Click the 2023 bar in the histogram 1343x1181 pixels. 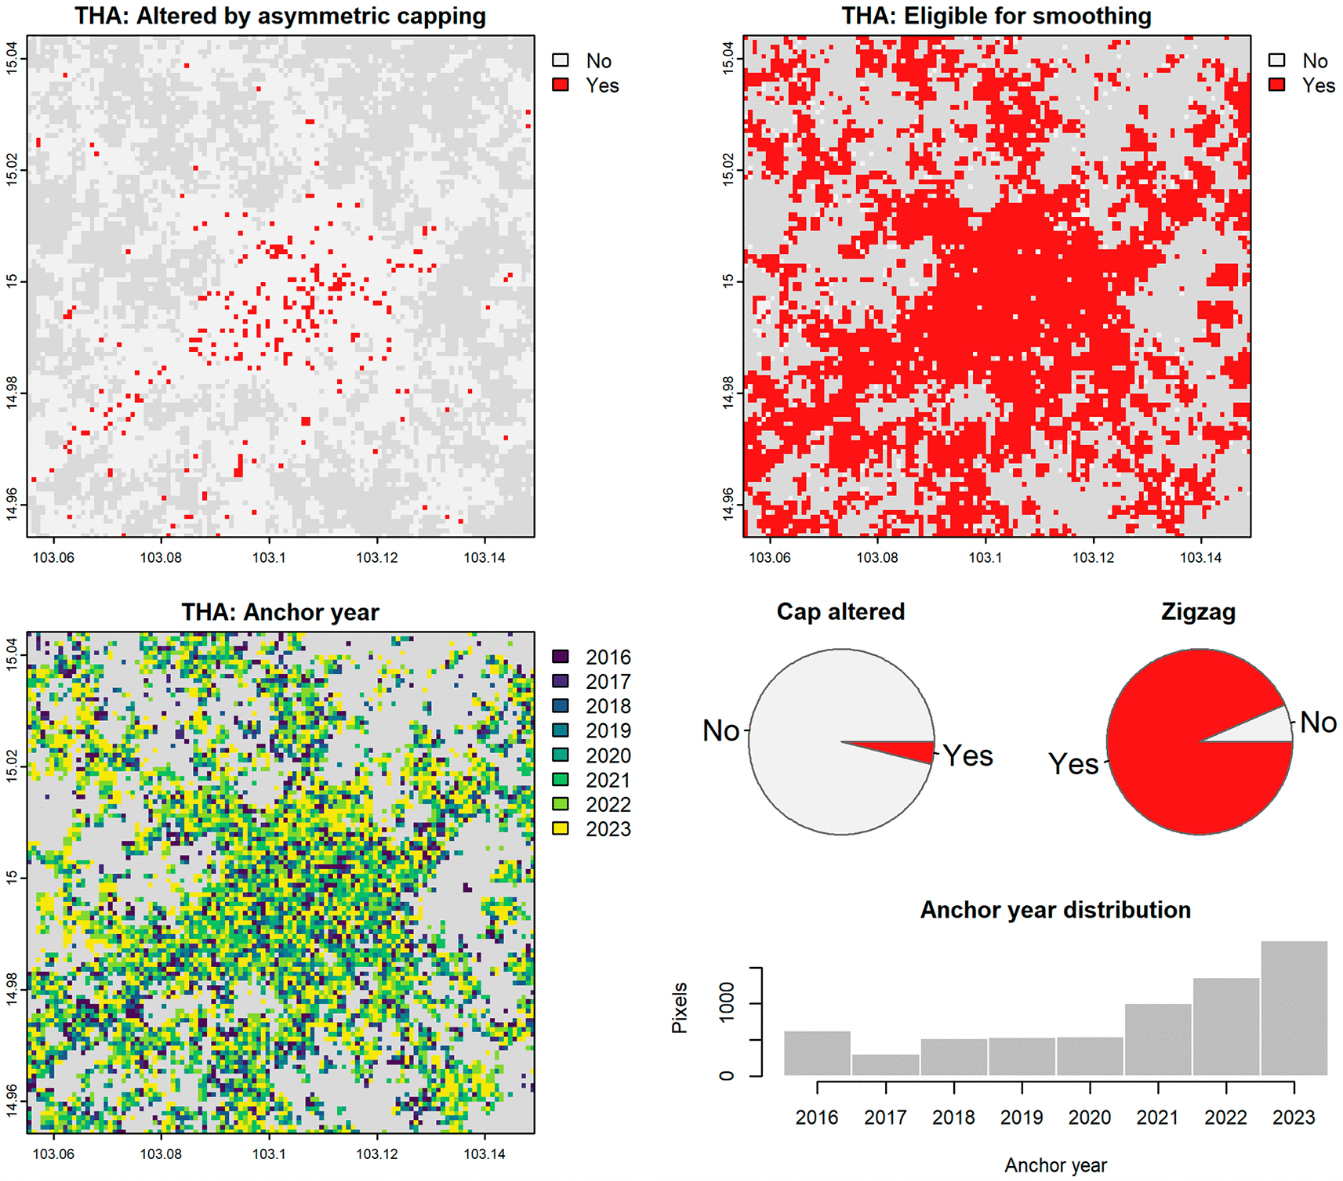1294,1008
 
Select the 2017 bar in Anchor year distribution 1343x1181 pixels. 885,1065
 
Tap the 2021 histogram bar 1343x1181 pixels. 1158,1039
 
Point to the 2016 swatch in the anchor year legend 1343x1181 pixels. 561,657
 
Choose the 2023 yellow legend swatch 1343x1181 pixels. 561,828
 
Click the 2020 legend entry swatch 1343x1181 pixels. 561,755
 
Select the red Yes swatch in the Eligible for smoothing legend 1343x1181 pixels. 1277,85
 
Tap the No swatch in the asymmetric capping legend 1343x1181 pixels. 561,60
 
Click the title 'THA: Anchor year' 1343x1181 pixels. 281,612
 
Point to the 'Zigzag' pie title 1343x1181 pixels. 1199,612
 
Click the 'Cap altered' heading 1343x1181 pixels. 840,611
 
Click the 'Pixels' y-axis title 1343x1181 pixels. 680,1008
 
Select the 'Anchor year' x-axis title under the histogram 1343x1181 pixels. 1055,1165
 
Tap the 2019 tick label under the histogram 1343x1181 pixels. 1022,1118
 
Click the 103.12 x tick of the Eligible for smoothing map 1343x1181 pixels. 1093,557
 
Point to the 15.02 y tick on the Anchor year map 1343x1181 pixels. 13,766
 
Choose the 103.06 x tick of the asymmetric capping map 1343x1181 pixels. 53,557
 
